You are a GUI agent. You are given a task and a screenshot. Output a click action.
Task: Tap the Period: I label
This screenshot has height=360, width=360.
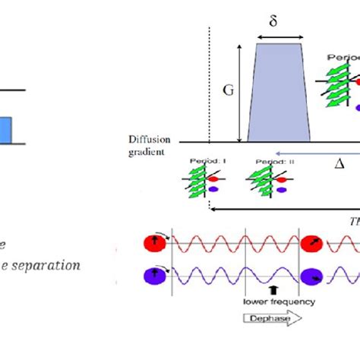point(197,162)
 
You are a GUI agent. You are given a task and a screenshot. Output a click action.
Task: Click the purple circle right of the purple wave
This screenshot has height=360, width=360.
point(312,276)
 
